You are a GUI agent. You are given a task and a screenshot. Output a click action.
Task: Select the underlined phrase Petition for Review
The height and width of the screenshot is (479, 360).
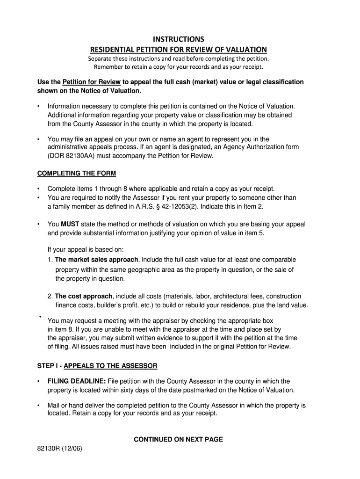pos(92,82)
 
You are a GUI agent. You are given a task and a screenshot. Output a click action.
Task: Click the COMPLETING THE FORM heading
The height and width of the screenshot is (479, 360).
pos(77,174)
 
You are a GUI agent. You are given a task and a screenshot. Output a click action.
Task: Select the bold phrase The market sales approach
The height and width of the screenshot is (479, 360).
pos(96,260)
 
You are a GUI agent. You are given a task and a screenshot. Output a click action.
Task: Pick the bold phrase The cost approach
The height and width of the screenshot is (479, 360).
pos(83,296)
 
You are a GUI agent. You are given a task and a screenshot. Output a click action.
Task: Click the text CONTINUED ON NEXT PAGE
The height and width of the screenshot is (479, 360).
pos(178,439)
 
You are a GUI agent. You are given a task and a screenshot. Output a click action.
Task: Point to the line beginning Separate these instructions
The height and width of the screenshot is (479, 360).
pos(179,59)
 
